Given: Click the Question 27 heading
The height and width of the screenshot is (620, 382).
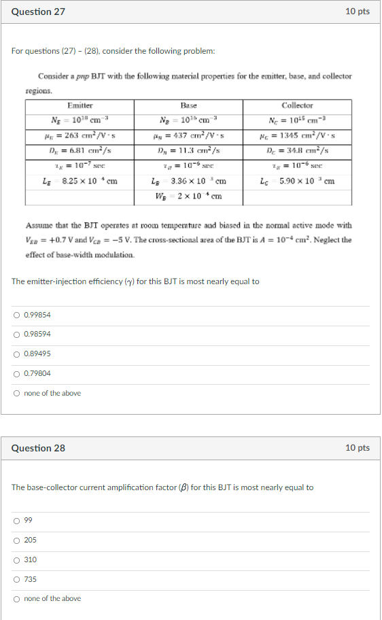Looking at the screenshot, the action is click(39, 12).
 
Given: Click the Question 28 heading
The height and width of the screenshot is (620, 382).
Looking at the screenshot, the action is click(39, 448).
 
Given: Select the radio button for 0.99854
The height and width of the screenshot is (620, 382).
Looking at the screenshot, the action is click(16, 315).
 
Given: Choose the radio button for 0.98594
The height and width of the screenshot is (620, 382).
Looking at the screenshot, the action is click(16, 334).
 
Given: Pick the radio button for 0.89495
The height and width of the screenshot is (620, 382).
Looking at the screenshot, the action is click(16, 354).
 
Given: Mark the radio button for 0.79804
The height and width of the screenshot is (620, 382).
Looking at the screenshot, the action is click(16, 374).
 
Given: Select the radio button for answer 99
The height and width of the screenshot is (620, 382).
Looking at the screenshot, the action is click(16, 521).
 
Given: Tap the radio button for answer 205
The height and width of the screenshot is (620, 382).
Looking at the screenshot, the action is click(16, 540).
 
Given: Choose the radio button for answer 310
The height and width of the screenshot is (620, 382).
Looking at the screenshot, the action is click(16, 560).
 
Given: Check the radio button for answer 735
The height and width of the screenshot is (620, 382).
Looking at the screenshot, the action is click(16, 580).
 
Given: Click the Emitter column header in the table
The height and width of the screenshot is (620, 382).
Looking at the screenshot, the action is click(80, 105).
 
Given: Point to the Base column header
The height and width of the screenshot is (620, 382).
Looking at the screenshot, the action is click(188, 105).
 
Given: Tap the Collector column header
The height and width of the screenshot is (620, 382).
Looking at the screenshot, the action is click(297, 105).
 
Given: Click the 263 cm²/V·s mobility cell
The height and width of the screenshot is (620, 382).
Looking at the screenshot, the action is click(80, 135).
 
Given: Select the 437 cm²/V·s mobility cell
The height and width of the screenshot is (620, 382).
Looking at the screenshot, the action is click(188, 135).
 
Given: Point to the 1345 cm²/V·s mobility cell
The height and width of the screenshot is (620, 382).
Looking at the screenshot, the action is click(297, 135).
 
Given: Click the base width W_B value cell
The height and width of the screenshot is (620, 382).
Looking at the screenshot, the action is click(188, 196).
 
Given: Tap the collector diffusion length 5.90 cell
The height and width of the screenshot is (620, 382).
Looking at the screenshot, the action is click(297, 182).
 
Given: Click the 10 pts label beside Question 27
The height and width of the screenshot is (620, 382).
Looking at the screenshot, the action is click(358, 12).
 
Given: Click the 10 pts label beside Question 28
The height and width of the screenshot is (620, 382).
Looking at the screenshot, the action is click(358, 448).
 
